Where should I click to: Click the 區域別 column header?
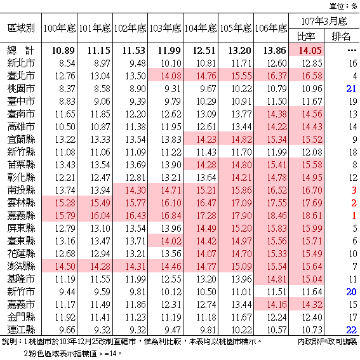click(x=21, y=28)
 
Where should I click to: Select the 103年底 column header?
click(x=165, y=28)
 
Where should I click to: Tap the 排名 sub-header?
click(x=341, y=36)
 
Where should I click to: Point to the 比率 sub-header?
click(x=306, y=36)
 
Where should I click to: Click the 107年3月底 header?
click(x=324, y=21)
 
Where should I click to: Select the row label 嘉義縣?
click(x=21, y=215)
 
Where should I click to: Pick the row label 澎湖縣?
click(x=21, y=266)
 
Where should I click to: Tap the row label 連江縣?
click(x=21, y=330)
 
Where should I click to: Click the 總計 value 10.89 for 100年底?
click(x=63, y=51)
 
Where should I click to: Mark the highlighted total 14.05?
click(x=310, y=51)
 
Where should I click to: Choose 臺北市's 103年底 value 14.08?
click(x=171, y=76)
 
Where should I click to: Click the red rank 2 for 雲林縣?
click(x=354, y=203)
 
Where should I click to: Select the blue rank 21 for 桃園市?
click(x=351, y=89)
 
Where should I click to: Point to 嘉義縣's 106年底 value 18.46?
click(x=277, y=216)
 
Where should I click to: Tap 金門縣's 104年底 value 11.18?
click(x=206, y=317)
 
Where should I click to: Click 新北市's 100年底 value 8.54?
click(x=67, y=63)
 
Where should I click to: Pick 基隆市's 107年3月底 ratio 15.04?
click(x=312, y=279)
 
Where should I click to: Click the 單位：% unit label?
click(x=343, y=6)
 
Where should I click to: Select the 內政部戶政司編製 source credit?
click(x=327, y=342)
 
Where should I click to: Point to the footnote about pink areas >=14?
click(x=73, y=354)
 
